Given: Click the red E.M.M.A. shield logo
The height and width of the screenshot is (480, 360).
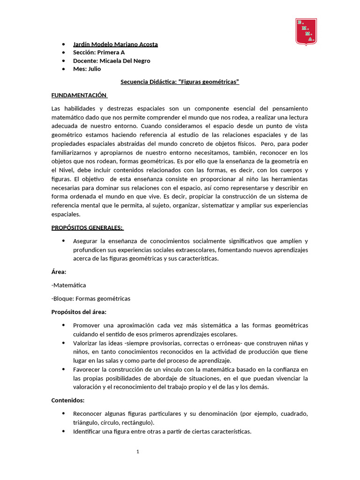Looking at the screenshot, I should (306, 31).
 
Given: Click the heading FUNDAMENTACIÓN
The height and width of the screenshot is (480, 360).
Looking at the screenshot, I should (79, 95).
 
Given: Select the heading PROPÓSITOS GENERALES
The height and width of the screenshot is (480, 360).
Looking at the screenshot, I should (87, 228).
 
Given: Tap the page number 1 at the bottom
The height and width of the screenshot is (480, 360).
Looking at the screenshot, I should (138, 452).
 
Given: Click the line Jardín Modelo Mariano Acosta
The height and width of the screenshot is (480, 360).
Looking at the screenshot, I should (115, 44).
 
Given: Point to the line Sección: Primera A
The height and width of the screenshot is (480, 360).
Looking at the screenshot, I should (99, 52).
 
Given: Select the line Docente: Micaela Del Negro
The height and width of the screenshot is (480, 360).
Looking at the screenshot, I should (112, 60).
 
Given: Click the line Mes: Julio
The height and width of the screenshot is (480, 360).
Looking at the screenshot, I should (87, 69).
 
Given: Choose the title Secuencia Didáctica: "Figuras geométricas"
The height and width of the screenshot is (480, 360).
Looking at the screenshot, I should (180, 82).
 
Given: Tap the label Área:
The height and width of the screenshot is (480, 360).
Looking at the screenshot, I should (59, 271).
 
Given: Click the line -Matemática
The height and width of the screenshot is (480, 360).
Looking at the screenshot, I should (68, 285).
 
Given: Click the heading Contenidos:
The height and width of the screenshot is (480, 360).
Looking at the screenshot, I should (68, 400).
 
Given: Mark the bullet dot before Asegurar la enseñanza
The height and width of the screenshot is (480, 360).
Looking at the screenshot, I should (63, 241).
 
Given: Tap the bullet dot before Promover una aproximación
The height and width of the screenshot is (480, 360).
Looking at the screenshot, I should (63, 325).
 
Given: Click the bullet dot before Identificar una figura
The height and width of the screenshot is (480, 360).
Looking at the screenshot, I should (63, 431).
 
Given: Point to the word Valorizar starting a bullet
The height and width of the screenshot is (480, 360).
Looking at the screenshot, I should (86, 343).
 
